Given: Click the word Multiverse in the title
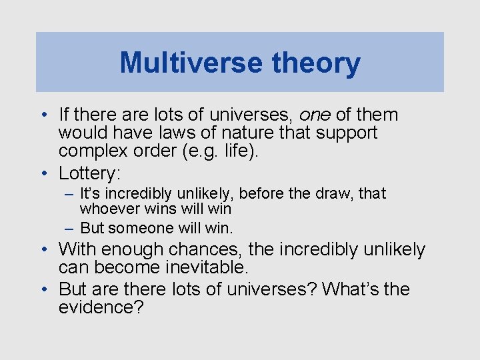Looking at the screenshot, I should pos(191,63).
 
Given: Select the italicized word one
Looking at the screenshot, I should pos(315,115).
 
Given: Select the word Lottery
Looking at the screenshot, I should pos(87,173).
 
